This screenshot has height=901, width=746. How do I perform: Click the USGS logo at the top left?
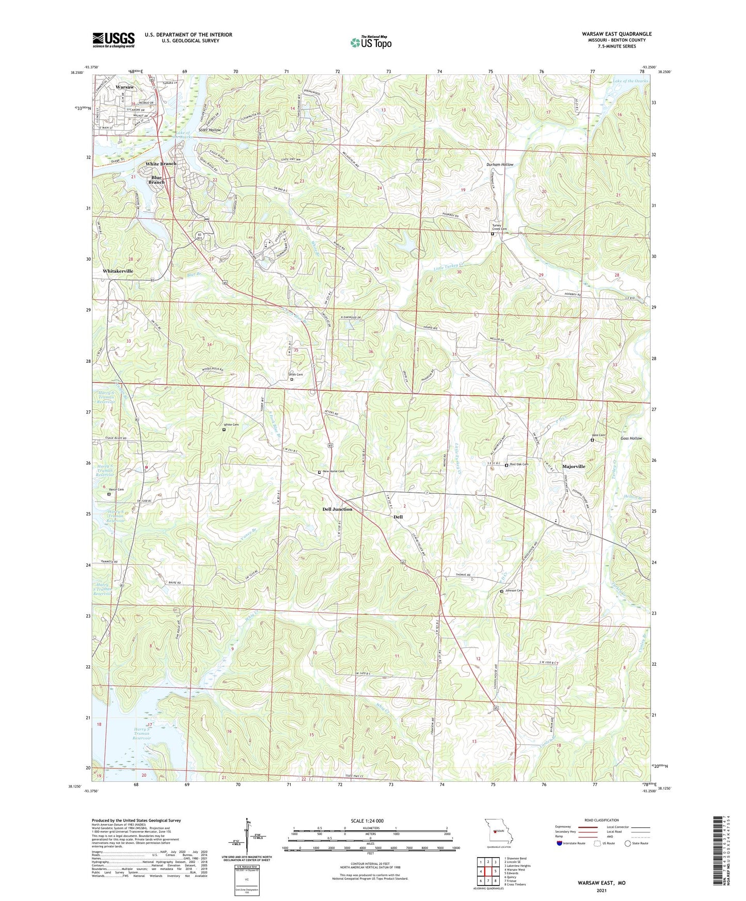[114, 39]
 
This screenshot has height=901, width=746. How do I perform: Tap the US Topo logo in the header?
[370, 42]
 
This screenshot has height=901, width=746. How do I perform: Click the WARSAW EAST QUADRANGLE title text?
[616, 34]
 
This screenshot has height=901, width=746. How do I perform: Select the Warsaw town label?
[125, 87]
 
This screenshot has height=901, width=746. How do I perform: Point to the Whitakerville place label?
[118, 271]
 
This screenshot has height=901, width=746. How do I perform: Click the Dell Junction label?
[337, 509]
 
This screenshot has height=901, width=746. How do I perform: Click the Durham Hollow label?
[500, 165]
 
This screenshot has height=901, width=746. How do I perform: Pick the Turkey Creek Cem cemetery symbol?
[492, 234]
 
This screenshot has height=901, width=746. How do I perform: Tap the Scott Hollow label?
[210, 130]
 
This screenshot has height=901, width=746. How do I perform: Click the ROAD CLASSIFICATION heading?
[601, 820]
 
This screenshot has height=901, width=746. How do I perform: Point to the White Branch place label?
[161, 164]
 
